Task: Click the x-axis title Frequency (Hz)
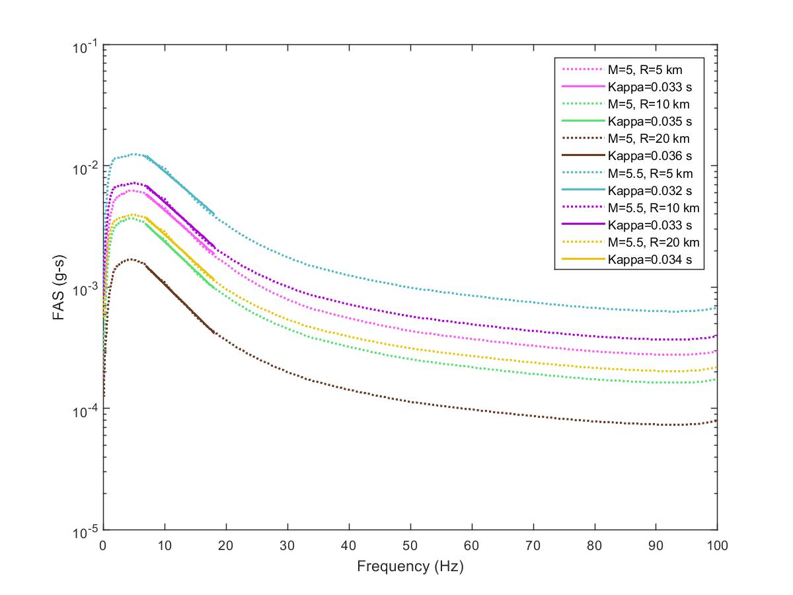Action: click(410, 567)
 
